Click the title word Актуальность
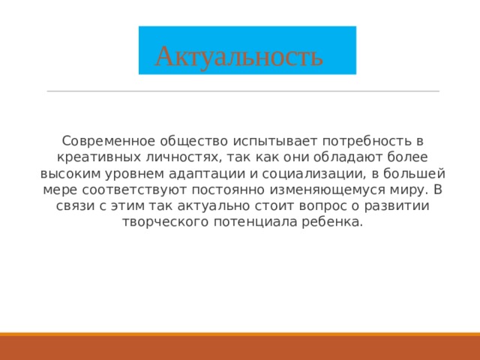pyautogui.click(x=239, y=55)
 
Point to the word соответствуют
pyautogui.click(x=121, y=190)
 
